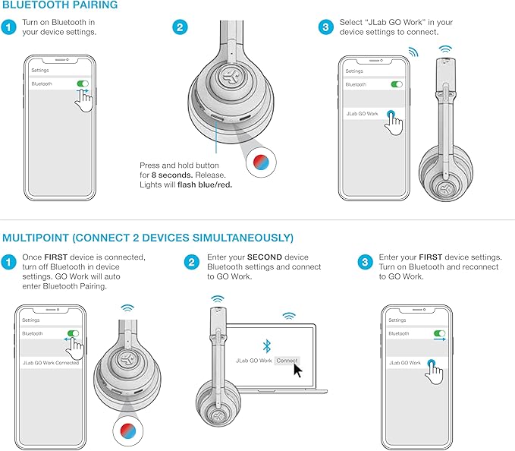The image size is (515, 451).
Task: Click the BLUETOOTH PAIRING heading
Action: [x=60, y=6]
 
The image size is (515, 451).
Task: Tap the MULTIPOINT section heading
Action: [x=148, y=238]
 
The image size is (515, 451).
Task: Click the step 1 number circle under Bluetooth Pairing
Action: [x=8, y=28]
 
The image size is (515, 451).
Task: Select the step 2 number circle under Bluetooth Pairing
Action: [x=179, y=28]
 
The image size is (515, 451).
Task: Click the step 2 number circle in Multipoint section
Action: [x=191, y=262]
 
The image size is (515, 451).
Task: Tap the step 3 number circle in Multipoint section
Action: [x=365, y=262]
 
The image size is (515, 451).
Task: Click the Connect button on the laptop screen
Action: [x=287, y=360]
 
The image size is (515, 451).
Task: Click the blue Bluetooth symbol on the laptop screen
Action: [x=265, y=345]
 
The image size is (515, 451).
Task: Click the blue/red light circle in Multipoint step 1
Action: [x=127, y=430]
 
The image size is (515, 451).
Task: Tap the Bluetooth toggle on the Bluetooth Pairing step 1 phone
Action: [x=83, y=84]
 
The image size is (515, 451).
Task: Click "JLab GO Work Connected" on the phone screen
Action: [x=50, y=363]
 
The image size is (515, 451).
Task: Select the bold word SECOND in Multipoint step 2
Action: [x=262, y=257]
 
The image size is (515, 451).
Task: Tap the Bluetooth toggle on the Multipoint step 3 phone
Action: [x=439, y=333]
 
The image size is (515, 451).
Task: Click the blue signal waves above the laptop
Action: [x=288, y=315]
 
